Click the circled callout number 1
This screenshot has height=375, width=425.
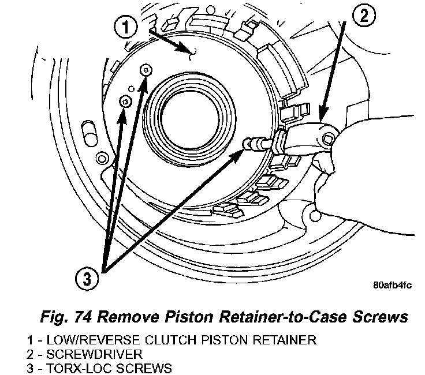(x=126, y=27)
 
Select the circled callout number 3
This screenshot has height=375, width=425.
(x=87, y=279)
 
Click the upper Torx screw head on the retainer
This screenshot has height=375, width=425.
(x=146, y=70)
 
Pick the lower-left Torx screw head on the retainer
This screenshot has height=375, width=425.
(x=125, y=102)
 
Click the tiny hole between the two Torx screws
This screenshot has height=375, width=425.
(x=131, y=89)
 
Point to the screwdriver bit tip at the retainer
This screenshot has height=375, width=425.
(x=247, y=143)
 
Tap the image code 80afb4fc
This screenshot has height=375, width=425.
(x=392, y=285)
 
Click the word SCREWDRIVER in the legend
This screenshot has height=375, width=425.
(x=94, y=354)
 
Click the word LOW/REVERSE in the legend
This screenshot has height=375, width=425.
(x=93, y=340)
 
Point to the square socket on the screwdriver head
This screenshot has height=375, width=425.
(x=327, y=140)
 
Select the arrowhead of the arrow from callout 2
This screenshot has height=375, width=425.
(x=323, y=114)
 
